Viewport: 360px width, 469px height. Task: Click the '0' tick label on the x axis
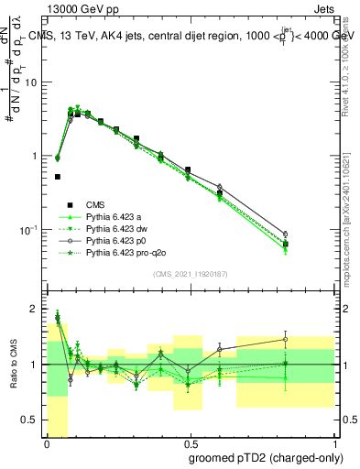(x=46, y=442)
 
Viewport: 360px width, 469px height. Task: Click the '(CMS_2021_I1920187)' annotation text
(x=191, y=273)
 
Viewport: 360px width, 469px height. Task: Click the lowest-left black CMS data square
(x=58, y=177)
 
